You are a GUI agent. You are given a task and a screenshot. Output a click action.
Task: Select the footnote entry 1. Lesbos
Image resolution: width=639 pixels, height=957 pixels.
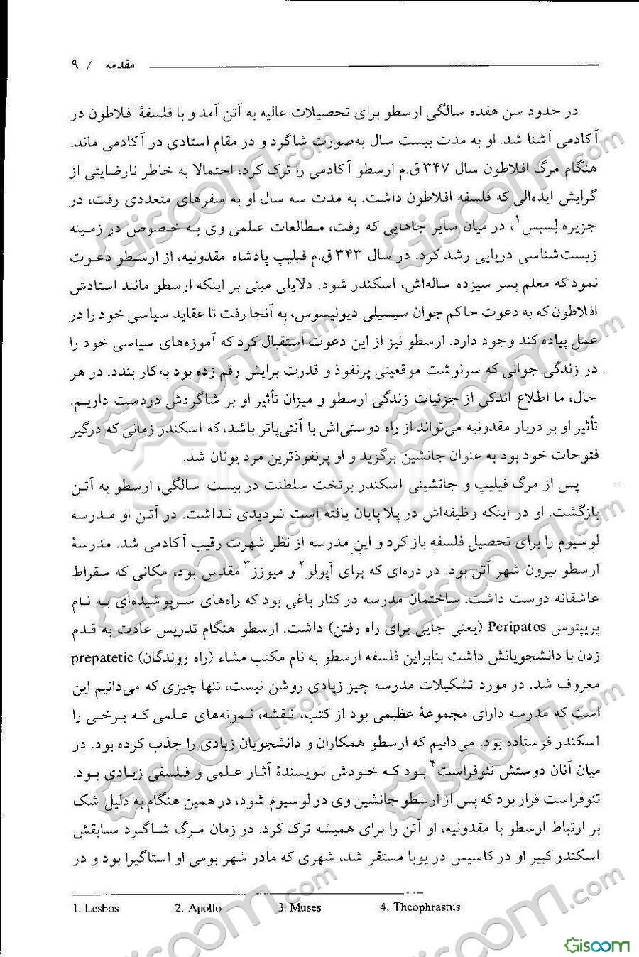(96, 907)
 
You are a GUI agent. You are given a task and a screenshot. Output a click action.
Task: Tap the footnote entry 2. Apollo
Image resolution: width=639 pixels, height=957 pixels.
(198, 907)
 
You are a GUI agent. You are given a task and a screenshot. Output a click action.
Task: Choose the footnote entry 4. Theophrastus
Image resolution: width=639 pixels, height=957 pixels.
(420, 907)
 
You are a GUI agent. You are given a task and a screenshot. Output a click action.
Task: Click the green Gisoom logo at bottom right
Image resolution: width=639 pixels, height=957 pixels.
(597, 944)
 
